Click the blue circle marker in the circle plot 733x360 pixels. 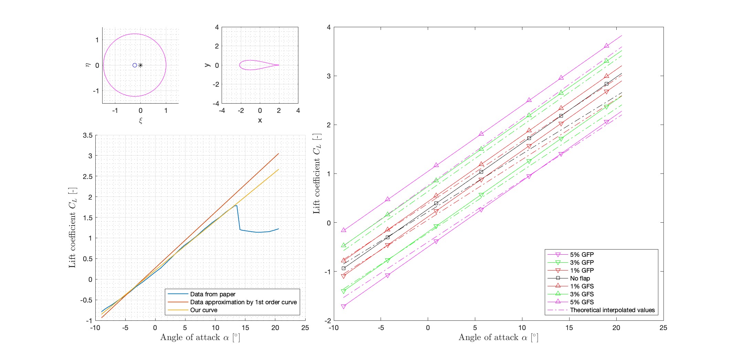pyautogui.click(x=135, y=65)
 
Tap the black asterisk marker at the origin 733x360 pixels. pyautogui.click(x=140, y=65)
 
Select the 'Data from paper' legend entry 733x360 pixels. pyautogui.click(x=213, y=294)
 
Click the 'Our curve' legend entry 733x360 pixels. pyautogui.click(x=204, y=310)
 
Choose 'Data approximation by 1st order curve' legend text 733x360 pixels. pyautogui.click(x=243, y=302)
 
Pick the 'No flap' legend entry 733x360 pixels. pyautogui.click(x=580, y=278)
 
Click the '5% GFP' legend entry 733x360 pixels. pyautogui.click(x=582, y=255)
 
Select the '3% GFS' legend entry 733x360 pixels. pyautogui.click(x=582, y=294)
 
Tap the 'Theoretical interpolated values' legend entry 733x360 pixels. pyautogui.click(x=612, y=310)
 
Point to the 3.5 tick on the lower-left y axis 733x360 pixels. pyautogui.click(x=88, y=135)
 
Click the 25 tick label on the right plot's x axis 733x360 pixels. pyautogui.click(x=663, y=328)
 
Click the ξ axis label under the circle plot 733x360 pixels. pyautogui.click(x=140, y=120)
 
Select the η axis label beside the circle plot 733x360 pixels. pyautogui.click(x=87, y=65)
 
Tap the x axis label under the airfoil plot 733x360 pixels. pyautogui.click(x=260, y=120)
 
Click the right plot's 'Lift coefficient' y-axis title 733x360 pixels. pyautogui.click(x=317, y=174)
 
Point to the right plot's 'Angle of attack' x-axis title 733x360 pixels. pyautogui.click(x=498, y=338)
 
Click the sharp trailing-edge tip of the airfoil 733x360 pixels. pyautogui.click(x=279, y=65)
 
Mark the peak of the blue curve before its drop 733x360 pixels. pyautogui.click(x=236, y=205)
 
